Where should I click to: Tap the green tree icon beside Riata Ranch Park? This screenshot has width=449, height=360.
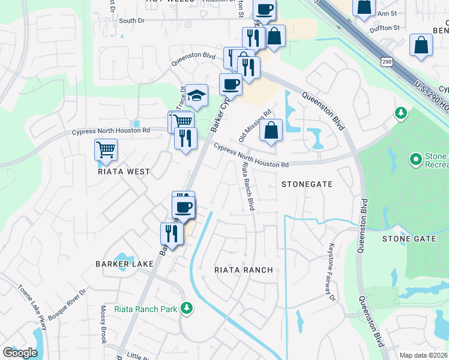tap(187, 308)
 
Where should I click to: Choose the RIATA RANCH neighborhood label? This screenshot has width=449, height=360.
tap(244, 270)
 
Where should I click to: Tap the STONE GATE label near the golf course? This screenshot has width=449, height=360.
tap(409, 239)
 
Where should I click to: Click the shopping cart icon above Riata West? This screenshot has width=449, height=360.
tap(106, 150)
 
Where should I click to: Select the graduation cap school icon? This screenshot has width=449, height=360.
tap(196, 95)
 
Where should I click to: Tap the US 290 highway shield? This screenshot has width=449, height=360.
tap(386, 62)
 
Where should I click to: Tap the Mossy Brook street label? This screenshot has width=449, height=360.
tap(103, 325)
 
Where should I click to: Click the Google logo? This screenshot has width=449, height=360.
tap(20, 353)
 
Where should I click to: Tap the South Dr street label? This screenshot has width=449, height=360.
tap(132, 20)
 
